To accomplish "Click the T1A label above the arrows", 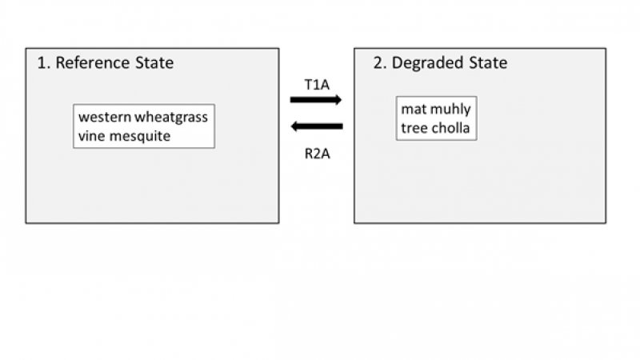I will click(x=316, y=84).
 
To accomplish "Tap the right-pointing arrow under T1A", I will click(x=316, y=100).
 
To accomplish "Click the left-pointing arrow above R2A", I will click(x=316, y=126).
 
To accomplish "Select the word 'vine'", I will click(x=91, y=136).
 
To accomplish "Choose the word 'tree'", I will click(x=414, y=129).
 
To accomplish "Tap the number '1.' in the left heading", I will click(x=43, y=62).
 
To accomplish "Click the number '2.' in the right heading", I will click(x=381, y=62).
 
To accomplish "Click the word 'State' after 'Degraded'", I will click(x=488, y=62).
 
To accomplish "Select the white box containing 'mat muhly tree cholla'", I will click(x=436, y=119).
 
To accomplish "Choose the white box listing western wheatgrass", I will click(x=143, y=126).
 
